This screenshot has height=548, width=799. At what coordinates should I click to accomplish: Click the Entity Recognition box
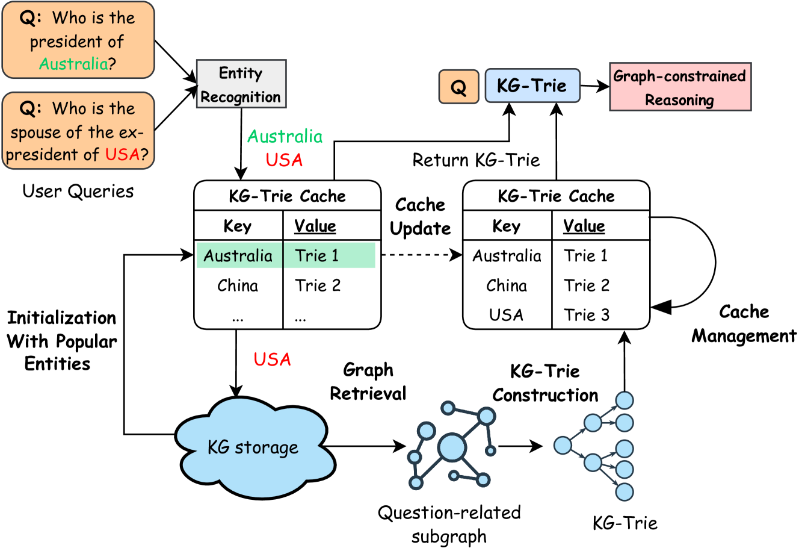pyautogui.click(x=241, y=84)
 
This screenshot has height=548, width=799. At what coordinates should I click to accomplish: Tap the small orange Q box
pyautogui.click(x=458, y=87)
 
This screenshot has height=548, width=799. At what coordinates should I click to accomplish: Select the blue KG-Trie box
pyautogui.click(x=532, y=86)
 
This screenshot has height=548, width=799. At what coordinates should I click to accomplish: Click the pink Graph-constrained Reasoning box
pyautogui.click(x=680, y=87)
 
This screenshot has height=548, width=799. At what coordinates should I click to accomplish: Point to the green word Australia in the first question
pyautogui.click(x=73, y=64)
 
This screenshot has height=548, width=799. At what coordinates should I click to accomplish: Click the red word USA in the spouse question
pyautogui.click(x=122, y=155)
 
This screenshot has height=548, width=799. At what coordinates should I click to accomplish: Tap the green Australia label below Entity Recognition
pyautogui.click(x=285, y=137)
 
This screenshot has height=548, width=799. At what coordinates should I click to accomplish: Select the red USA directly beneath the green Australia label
pyautogui.click(x=284, y=160)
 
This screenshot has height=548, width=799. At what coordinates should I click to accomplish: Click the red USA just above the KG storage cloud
pyautogui.click(x=273, y=360)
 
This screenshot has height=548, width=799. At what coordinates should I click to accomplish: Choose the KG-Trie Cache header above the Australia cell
pyautogui.click(x=287, y=196)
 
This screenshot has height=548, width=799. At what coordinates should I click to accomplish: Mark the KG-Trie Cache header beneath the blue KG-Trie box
pyautogui.click(x=556, y=196)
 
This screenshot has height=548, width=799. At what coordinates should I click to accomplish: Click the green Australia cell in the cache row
pyautogui.click(x=238, y=256)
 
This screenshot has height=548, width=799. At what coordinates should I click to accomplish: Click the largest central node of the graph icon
pyautogui.click(x=452, y=447)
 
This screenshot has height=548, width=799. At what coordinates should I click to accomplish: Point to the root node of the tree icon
pyautogui.click(x=563, y=446)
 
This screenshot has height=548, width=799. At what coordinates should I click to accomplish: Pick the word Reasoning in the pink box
pyautogui.click(x=679, y=100)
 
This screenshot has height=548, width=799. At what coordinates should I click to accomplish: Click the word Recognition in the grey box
pyautogui.click(x=241, y=97)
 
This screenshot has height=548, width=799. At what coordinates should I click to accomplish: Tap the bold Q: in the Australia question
pyautogui.click(x=31, y=18)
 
